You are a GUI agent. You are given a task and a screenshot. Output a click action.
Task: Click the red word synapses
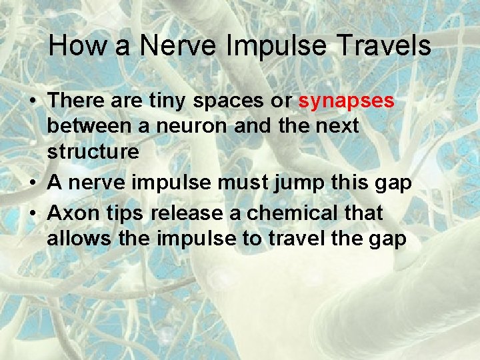(347, 101)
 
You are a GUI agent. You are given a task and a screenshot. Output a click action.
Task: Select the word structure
(93, 151)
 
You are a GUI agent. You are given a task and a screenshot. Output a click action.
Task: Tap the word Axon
(71, 213)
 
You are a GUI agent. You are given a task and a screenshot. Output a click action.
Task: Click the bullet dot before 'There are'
(33, 102)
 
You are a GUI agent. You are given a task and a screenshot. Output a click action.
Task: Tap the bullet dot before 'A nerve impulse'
(33, 183)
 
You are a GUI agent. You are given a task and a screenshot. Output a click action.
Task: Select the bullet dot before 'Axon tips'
(33, 214)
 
